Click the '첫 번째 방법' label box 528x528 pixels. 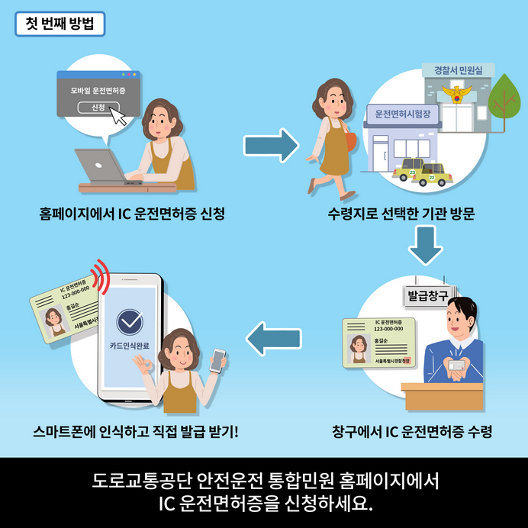pos(59,22)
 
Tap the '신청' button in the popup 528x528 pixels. pos(98,107)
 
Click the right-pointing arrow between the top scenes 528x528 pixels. pos(271,144)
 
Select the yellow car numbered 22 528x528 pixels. pos(431,175)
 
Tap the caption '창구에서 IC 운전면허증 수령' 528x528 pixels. pos(412,432)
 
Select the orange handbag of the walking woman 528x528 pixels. pos(349,140)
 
